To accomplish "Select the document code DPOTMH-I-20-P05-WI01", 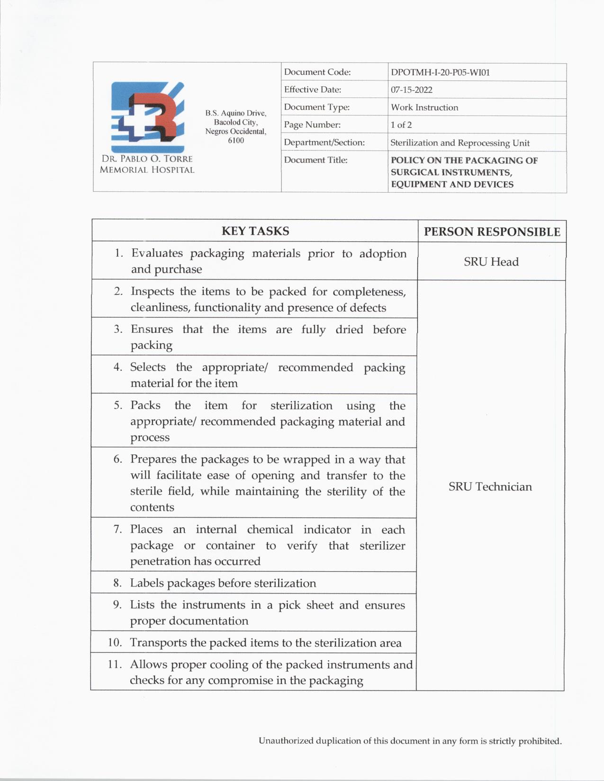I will point(440,73).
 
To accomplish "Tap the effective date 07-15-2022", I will point(411,90).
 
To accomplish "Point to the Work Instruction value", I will point(424,107).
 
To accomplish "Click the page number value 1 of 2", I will point(401,125).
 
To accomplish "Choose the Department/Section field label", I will point(324,142).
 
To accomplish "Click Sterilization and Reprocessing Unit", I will point(460,143).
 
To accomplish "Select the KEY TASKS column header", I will point(255,231).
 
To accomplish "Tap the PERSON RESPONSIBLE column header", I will point(492,232).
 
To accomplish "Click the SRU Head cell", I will point(491,262).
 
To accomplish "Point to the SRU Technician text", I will point(490,487).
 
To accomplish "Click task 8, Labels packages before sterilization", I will point(223,583).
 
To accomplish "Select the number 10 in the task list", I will point(115,642).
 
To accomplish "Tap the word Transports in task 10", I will point(159,643).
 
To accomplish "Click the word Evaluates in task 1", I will point(157,253).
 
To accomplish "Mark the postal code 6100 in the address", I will point(236,141).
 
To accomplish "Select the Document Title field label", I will point(316,160).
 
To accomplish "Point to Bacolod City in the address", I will point(235,122).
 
